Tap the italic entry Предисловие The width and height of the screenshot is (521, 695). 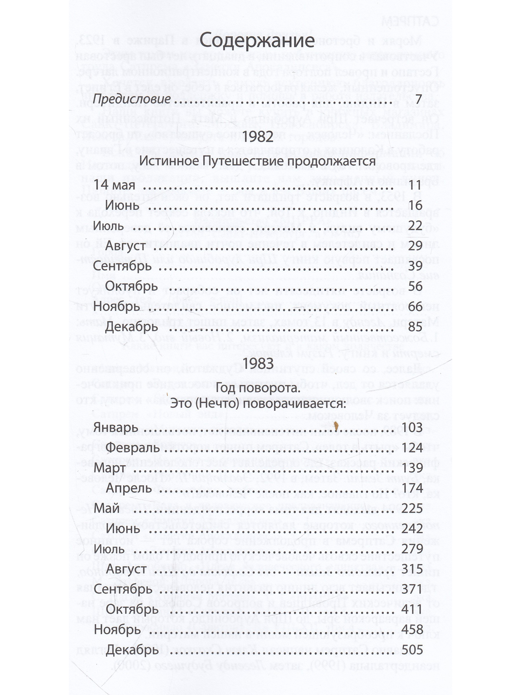[x=132, y=99]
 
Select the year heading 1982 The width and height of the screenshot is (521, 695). [x=258, y=137]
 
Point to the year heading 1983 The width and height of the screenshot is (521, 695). [x=258, y=363]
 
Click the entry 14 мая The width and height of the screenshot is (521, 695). [x=114, y=185]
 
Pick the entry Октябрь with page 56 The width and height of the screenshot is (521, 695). [x=131, y=287]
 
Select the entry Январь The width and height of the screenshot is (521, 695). [x=116, y=428]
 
